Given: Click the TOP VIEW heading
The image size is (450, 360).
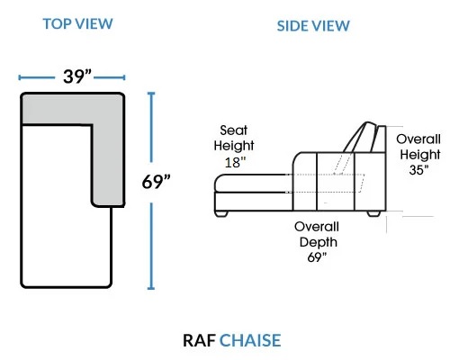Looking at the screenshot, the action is click(x=77, y=24).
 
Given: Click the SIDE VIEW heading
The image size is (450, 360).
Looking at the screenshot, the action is click(x=313, y=26).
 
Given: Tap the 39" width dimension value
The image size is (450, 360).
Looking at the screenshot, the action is click(x=77, y=76).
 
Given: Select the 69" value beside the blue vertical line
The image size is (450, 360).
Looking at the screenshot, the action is click(x=156, y=182).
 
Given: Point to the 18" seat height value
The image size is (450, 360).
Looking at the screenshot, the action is click(x=235, y=163).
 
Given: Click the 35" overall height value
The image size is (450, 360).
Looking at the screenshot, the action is click(x=418, y=170).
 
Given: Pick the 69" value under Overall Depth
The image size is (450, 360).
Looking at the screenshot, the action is click(x=317, y=257).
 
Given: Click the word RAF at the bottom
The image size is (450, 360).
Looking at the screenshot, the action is click(x=199, y=340).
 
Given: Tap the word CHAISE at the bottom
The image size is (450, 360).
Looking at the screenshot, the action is click(x=250, y=340).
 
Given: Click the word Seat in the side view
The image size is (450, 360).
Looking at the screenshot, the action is click(x=234, y=130).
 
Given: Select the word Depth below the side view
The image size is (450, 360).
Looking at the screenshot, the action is click(x=319, y=242).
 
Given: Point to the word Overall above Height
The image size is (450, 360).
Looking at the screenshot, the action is click(x=418, y=139).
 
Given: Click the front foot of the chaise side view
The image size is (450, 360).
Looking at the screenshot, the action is click(x=221, y=213).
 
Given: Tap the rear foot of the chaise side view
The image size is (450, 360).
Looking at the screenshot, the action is click(x=373, y=213).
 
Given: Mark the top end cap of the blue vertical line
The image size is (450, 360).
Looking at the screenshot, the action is click(x=151, y=94).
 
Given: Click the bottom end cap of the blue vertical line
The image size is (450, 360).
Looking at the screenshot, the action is click(x=151, y=288).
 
